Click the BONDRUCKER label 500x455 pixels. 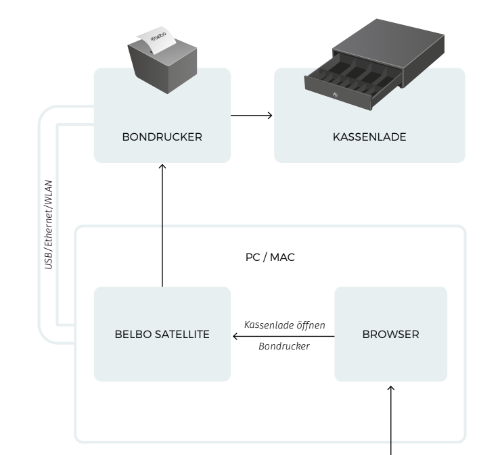click(162, 137)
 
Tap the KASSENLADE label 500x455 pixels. click(369, 137)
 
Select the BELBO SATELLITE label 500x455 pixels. click(162, 334)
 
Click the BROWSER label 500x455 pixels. click(390, 334)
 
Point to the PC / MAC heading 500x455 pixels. click(270, 257)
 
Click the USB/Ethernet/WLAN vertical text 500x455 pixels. click(48, 224)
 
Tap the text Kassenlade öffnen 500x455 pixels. click(284, 325)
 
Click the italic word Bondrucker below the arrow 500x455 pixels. click(283, 346)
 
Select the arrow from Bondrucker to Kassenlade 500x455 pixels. click(252, 116)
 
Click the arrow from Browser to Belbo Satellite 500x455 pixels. click(283, 336)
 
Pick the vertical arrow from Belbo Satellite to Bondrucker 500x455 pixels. click(162, 225)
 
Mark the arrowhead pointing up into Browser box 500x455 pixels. click(390, 388)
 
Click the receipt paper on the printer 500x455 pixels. click(156, 40)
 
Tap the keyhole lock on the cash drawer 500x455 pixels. click(335, 95)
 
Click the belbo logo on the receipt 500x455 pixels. click(158, 37)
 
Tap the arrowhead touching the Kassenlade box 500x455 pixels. click(271, 116)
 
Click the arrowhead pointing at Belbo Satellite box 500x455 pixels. click(235, 336)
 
